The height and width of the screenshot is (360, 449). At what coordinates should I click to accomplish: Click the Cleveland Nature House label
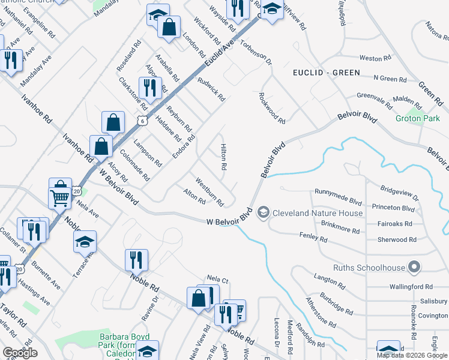coord(318,213)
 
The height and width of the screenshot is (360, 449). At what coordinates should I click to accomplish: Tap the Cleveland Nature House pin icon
coord(263,212)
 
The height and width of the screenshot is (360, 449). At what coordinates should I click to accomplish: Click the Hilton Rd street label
coord(224,155)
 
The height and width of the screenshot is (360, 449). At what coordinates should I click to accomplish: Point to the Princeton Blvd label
coord(393,208)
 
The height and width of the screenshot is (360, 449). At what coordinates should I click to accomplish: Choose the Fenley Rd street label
coord(315,239)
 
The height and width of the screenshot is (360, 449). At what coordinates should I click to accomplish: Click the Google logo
coord(20,353)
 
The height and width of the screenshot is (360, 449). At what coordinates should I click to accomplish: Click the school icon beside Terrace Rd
coord(85,241)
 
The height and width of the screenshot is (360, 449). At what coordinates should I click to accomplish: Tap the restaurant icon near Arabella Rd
coord(149,88)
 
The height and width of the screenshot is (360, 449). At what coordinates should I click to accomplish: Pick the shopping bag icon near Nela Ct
coord(198,298)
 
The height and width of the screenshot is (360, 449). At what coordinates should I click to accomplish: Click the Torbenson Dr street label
coord(256,53)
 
